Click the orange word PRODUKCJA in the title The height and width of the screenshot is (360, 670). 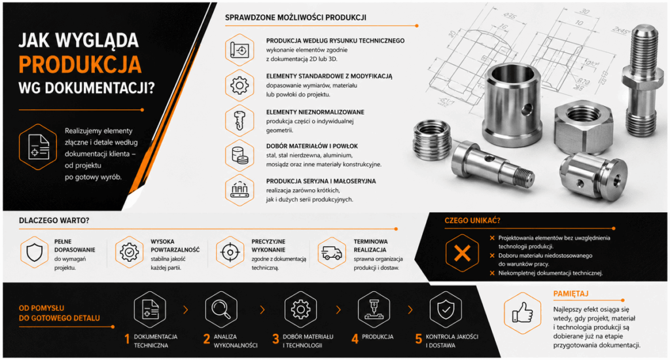pos(80,65)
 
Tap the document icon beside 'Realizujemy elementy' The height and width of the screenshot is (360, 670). pos(39,147)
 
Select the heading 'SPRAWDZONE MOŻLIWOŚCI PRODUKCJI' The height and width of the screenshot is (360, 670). pos(295,18)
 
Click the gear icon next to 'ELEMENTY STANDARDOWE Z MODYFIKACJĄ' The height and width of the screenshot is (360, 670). pos(239,85)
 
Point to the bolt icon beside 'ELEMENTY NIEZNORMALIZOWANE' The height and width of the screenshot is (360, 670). pos(239,120)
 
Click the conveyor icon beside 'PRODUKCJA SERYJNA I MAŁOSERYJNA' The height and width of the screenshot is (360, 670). pos(239,190)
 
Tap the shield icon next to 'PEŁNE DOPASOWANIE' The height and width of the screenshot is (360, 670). pos(35,252)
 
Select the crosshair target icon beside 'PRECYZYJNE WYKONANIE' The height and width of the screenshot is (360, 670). pos(230,252)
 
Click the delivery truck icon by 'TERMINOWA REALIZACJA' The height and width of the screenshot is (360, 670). pos(332,253)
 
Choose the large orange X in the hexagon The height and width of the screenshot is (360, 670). pos(462,253)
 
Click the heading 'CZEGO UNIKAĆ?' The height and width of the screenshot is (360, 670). pos(472,221)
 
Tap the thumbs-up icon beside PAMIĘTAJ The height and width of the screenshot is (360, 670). pos(523,313)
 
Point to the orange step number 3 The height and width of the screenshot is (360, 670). pos(275,339)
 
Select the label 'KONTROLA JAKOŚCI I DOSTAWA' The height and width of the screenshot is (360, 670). pos(451,341)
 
